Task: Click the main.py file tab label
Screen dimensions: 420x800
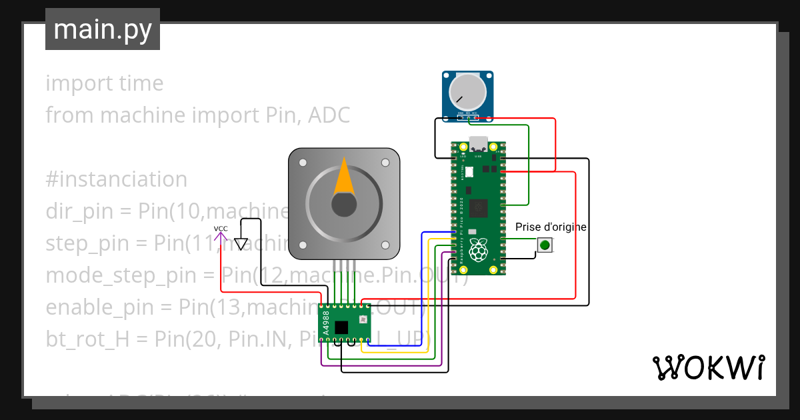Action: pyautogui.click(x=102, y=29)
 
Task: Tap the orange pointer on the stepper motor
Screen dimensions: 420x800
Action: pyautogui.click(x=343, y=177)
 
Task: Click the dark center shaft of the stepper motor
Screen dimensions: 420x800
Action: pyautogui.click(x=343, y=205)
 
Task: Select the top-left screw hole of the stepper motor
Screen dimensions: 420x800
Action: pyautogui.click(x=303, y=162)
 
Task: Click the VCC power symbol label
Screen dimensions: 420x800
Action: pyautogui.click(x=221, y=229)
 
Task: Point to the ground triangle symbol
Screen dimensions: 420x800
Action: pyautogui.click(x=241, y=245)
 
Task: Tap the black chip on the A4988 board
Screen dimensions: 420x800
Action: pyautogui.click(x=342, y=327)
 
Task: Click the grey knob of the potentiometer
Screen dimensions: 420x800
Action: pyautogui.click(x=467, y=91)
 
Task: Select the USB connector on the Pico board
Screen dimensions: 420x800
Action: pyautogui.click(x=478, y=144)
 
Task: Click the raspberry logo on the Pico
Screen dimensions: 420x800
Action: pyautogui.click(x=478, y=251)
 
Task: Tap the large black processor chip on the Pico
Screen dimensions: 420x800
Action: pyautogui.click(x=478, y=209)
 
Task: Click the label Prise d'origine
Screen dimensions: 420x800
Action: pyautogui.click(x=551, y=227)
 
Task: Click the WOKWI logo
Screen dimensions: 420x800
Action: pyautogui.click(x=708, y=367)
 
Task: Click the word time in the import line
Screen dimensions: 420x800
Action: pyautogui.click(x=139, y=83)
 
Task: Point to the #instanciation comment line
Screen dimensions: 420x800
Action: pyautogui.click(x=116, y=179)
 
